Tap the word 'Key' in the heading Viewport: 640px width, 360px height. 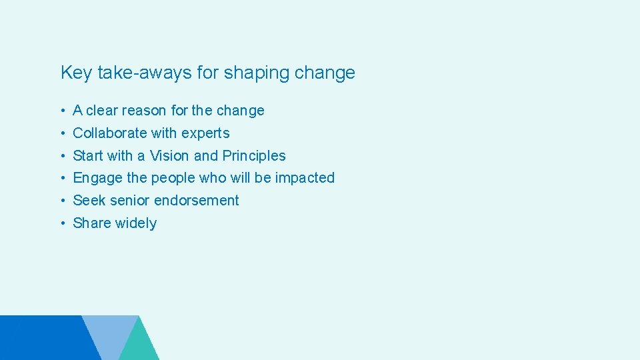[x=76, y=73]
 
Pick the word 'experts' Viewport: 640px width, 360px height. [x=205, y=133]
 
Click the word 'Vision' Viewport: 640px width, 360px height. [x=169, y=156]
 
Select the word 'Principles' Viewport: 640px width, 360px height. [x=254, y=156]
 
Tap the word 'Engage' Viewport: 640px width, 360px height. [x=97, y=178]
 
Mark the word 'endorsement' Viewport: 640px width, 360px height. [x=197, y=201]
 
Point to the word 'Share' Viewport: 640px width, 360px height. [x=91, y=223]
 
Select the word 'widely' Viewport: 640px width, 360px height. [x=135, y=223]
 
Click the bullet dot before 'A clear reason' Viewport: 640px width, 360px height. [x=61, y=111]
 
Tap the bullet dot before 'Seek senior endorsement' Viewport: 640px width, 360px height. [x=61, y=201]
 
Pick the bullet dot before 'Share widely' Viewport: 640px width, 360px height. [x=61, y=223]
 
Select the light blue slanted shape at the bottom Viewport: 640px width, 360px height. [x=110, y=333]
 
